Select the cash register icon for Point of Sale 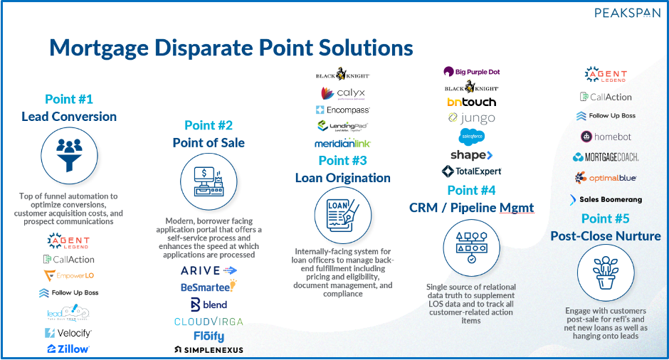point(209,181)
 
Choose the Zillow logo point(68,349)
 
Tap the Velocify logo point(68,332)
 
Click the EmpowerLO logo point(69,276)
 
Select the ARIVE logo point(209,270)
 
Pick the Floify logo point(209,336)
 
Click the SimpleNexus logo point(209,350)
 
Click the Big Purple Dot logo point(472,71)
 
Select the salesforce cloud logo point(472,136)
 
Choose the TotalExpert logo point(472,171)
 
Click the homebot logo point(606,137)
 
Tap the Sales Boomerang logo point(606,200)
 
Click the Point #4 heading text point(472,190)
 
